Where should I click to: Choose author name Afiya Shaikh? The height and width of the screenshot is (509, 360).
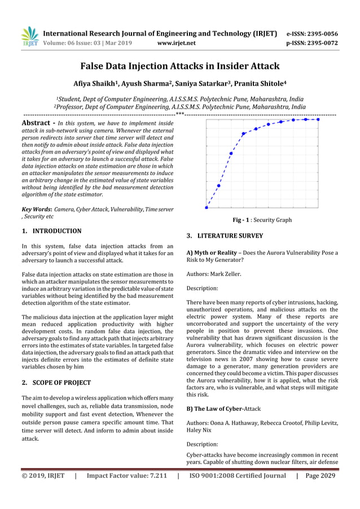click(98, 84)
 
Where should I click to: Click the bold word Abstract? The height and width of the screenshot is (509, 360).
click(37, 123)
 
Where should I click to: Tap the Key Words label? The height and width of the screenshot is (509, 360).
click(37, 209)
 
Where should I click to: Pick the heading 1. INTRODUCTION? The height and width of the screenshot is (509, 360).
click(51, 231)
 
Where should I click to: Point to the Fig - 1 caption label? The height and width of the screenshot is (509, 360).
click(242, 220)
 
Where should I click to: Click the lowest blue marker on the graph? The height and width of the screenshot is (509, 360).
click(207, 207)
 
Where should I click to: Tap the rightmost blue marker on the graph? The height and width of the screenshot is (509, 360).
click(318, 120)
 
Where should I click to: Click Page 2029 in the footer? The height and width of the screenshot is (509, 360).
click(320, 476)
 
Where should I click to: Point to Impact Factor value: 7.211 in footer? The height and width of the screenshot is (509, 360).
click(126, 476)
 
